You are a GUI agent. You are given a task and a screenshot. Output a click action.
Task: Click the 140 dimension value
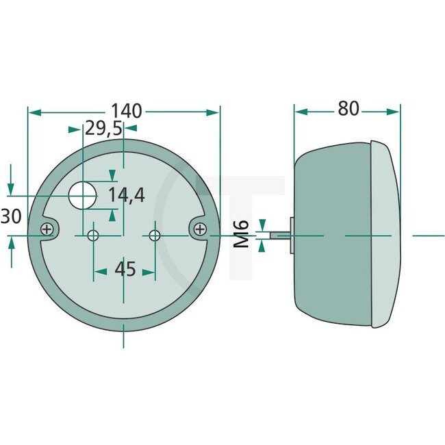pos(124,110)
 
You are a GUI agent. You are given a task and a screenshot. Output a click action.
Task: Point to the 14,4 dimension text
pos(127,196)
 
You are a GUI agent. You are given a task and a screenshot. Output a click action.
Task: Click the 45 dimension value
pos(125,270)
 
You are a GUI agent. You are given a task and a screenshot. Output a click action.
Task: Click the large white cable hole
pos(84,195)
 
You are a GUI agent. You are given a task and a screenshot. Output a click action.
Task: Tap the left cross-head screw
pos(48,229)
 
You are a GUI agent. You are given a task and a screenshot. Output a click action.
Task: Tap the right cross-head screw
pos(199,229)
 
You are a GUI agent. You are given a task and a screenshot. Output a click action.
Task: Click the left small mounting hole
pos(93,236)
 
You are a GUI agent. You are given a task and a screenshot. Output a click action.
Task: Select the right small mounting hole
pos(155,236)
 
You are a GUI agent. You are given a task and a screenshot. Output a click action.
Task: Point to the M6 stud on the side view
pos(279,235)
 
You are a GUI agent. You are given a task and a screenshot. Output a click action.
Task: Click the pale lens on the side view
pos(385,233)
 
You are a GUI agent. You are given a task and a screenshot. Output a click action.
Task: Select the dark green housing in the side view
pos(332,233)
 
